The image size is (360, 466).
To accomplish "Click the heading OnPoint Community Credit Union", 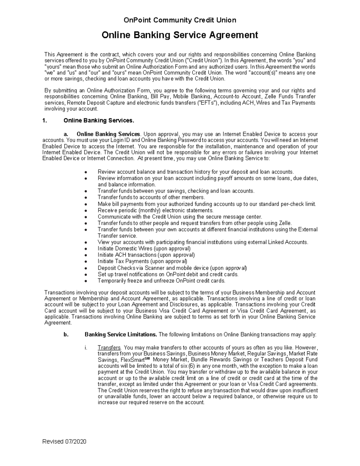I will point(180,20).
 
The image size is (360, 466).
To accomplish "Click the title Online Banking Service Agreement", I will point(180,35).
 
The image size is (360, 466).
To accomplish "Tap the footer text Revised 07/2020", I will point(64,441).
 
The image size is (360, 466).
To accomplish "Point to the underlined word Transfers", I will point(109,347).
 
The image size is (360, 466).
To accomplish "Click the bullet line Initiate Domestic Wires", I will point(144,248).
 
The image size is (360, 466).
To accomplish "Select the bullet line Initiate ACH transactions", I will point(146,255).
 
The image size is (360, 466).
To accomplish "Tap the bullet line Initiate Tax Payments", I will point(142,261).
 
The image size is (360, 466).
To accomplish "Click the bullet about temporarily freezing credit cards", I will point(161,281).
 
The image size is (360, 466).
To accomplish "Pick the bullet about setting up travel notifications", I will point(168,274).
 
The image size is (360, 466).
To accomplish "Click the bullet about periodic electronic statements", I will point(155,210).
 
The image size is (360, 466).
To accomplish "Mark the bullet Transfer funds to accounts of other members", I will point(151,197).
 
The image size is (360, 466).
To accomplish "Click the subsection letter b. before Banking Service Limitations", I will point(66,335).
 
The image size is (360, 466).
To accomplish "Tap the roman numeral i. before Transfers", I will point(86,347).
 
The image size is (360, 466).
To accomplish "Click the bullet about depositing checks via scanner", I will point(172,268).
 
